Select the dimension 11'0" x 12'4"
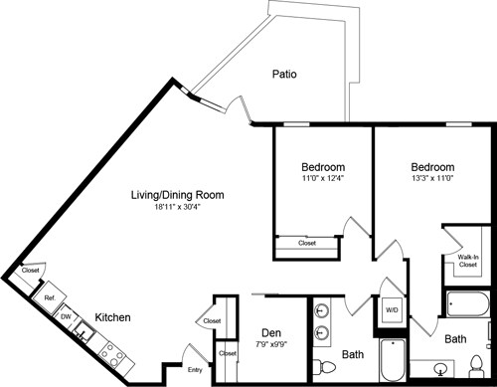coord(323,179)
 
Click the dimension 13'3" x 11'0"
coord(432,179)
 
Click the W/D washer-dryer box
coord(392,309)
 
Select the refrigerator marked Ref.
coord(47,296)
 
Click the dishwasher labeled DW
coord(65,316)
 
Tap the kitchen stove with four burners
coord(111,358)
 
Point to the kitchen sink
coord(84,335)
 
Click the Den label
coord(271,333)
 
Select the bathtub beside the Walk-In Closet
coord(466,304)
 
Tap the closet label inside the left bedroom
coord(307,242)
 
